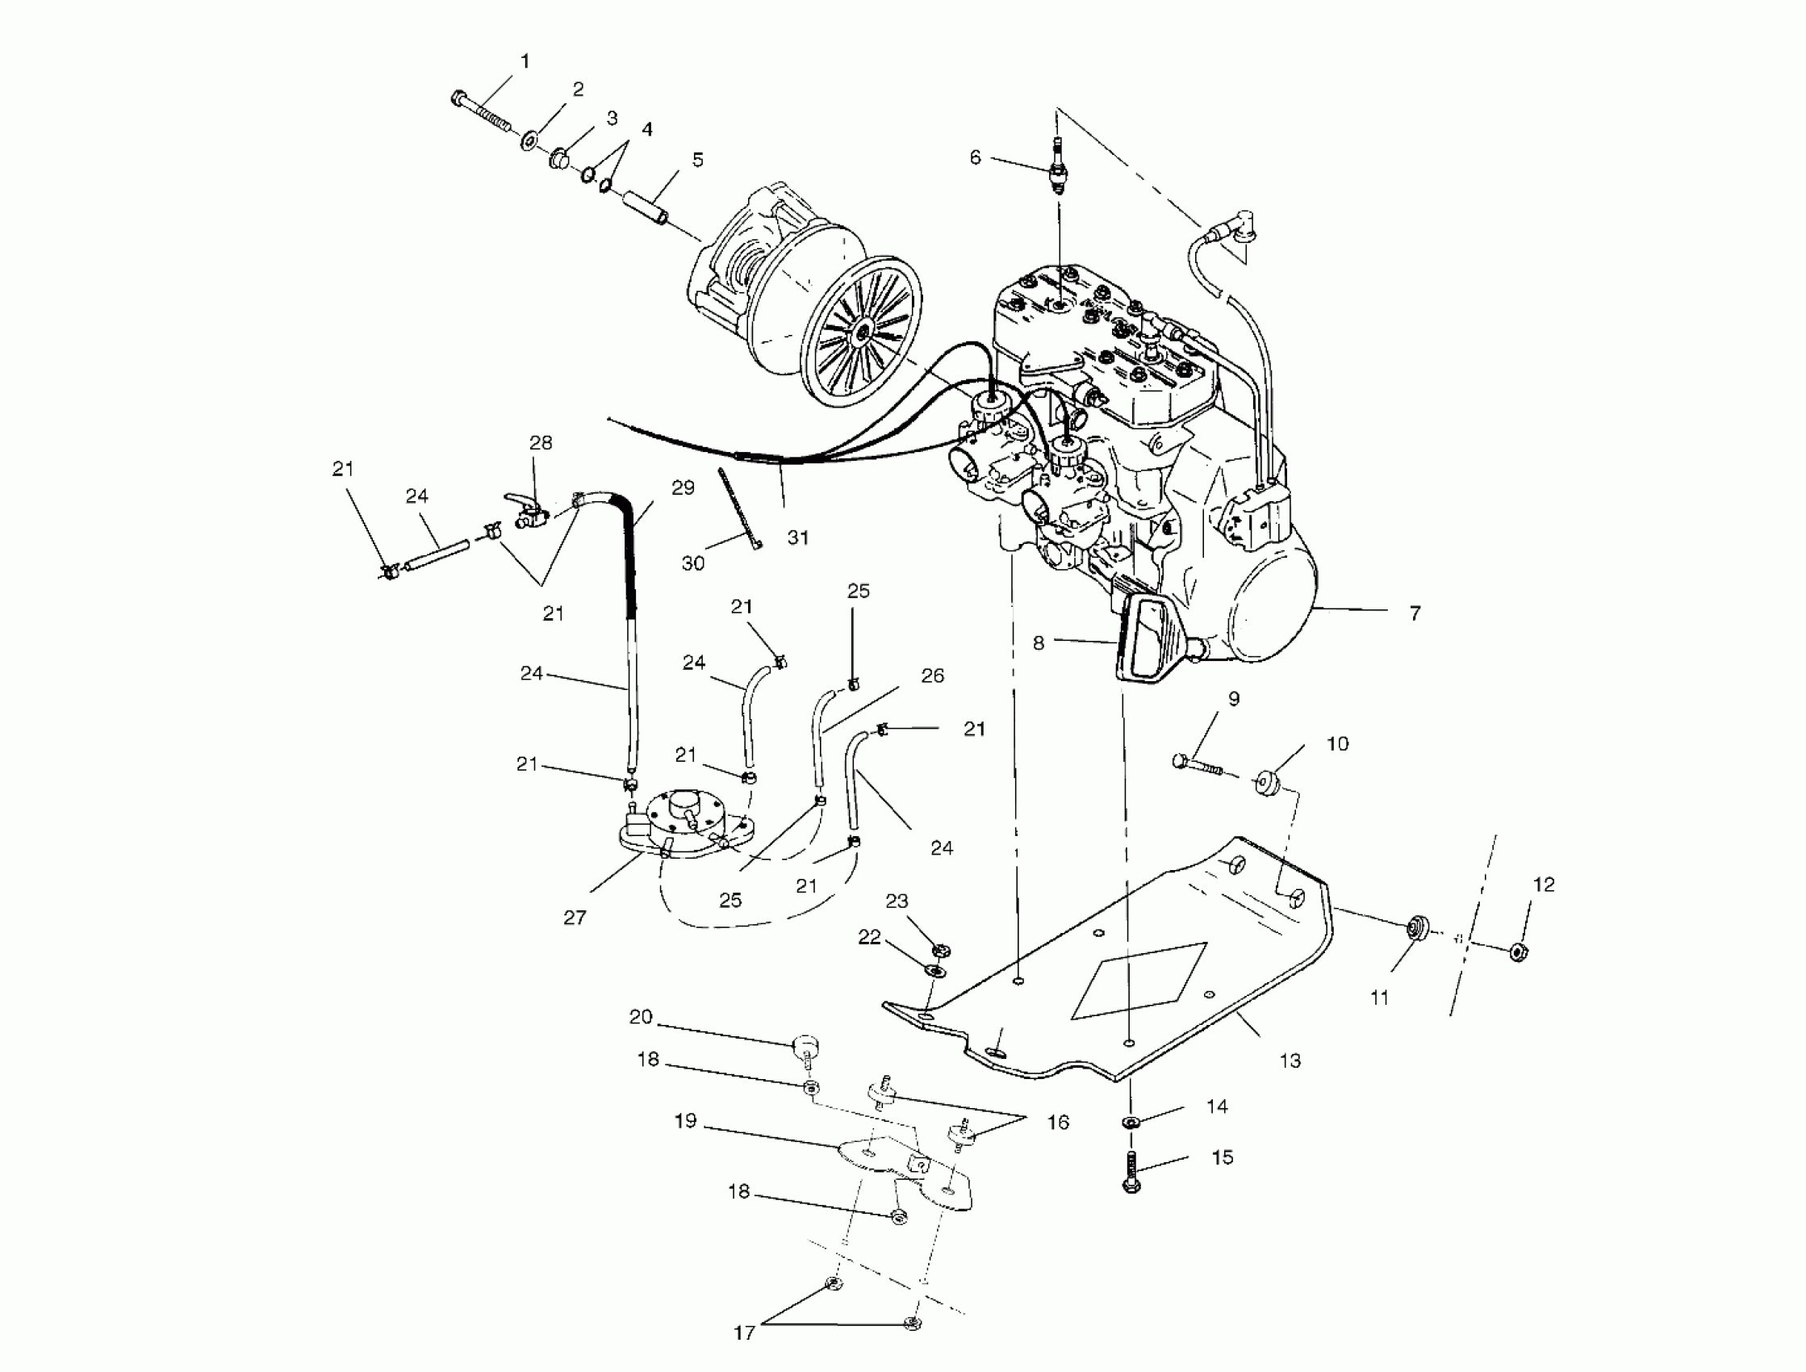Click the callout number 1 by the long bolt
tap(525, 61)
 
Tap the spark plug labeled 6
tap(1059, 167)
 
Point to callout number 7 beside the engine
tap(1415, 613)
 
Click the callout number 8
tap(1039, 642)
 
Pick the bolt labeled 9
tap(1197, 764)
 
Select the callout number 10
tap(1337, 743)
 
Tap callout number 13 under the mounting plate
tap(1290, 1060)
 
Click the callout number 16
tap(1058, 1122)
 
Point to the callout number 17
tap(744, 1332)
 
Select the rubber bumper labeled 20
tap(806, 1047)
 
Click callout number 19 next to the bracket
tap(686, 1120)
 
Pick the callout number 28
tap(541, 442)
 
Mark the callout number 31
tap(797, 538)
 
